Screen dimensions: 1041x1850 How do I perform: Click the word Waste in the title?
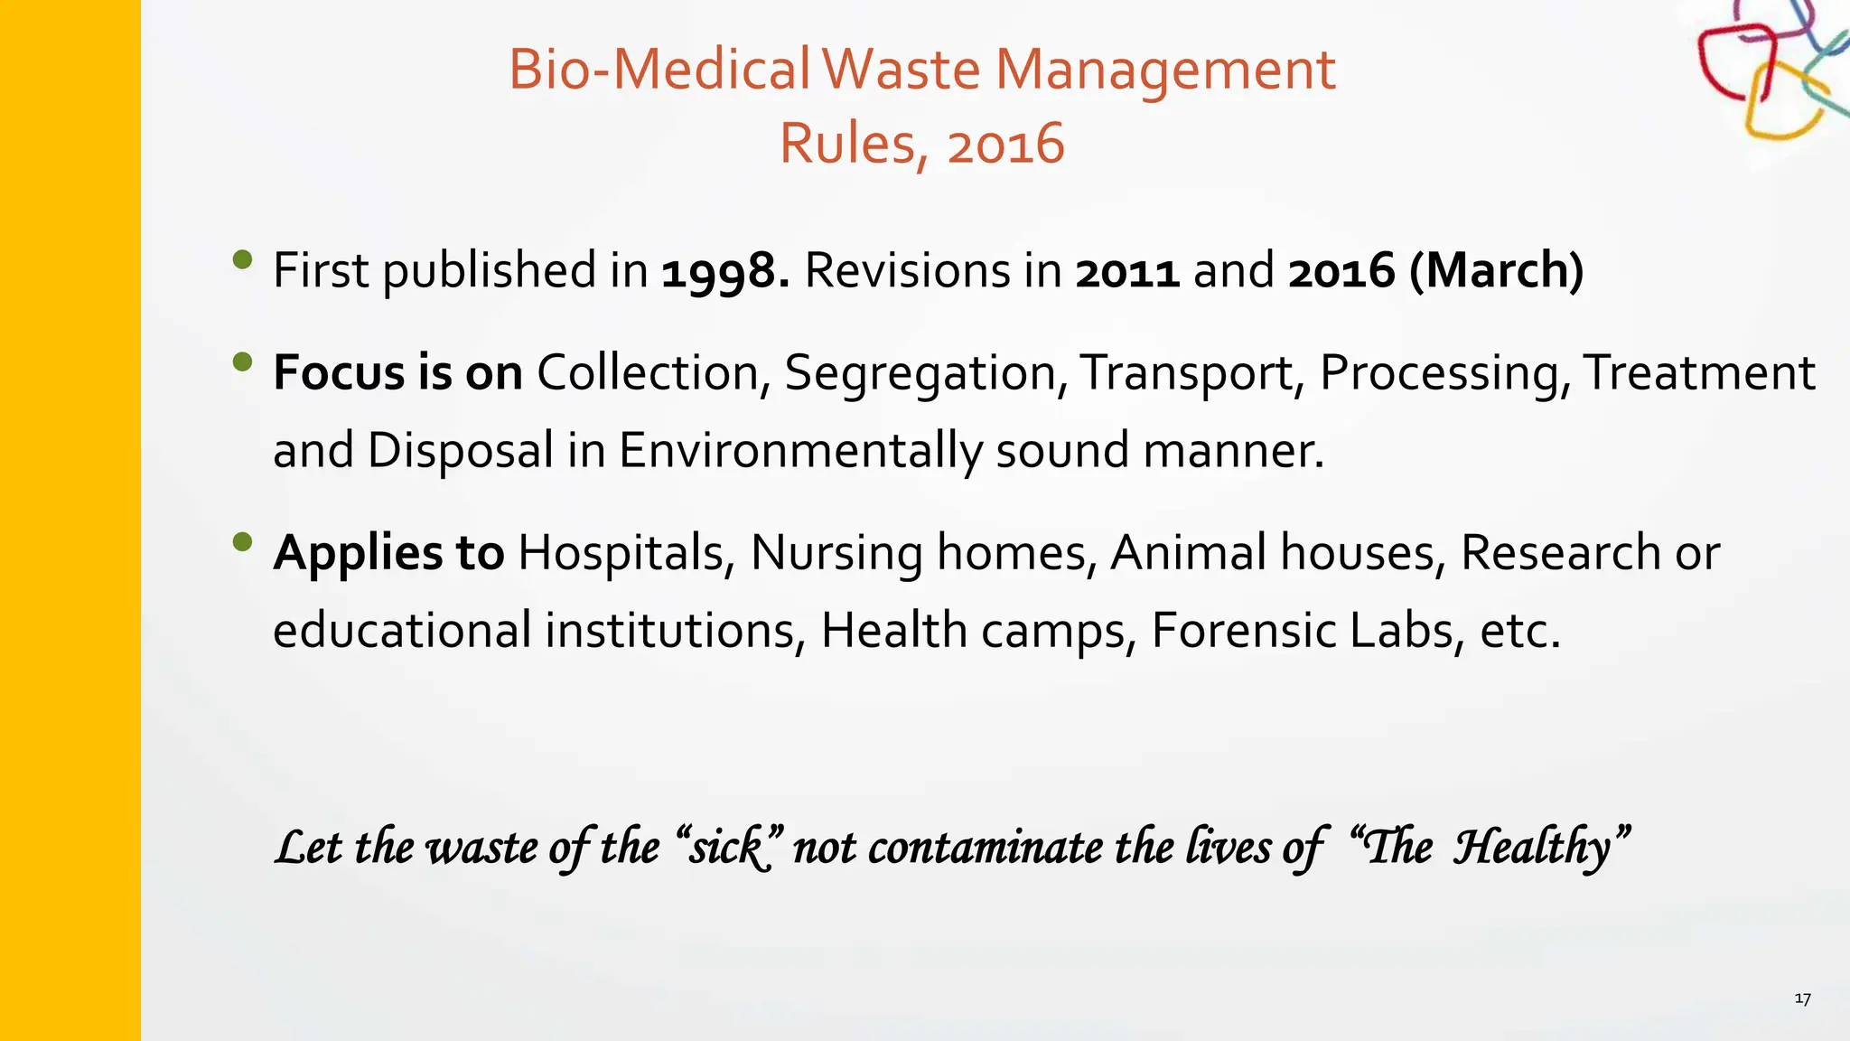click(x=902, y=70)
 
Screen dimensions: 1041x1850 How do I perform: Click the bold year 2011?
click(x=1126, y=271)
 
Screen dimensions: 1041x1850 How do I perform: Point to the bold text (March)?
click(x=1496, y=270)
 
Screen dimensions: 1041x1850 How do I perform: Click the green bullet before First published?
click(x=242, y=260)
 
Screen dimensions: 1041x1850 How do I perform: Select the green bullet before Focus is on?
click(x=242, y=362)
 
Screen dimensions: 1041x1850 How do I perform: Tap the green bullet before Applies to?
click(x=242, y=542)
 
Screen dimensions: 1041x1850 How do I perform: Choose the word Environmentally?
click(x=800, y=450)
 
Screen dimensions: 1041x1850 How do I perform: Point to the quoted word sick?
click(x=728, y=848)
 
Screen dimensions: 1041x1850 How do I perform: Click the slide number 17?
click(x=1802, y=999)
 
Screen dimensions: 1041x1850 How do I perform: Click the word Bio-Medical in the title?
click(x=659, y=70)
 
